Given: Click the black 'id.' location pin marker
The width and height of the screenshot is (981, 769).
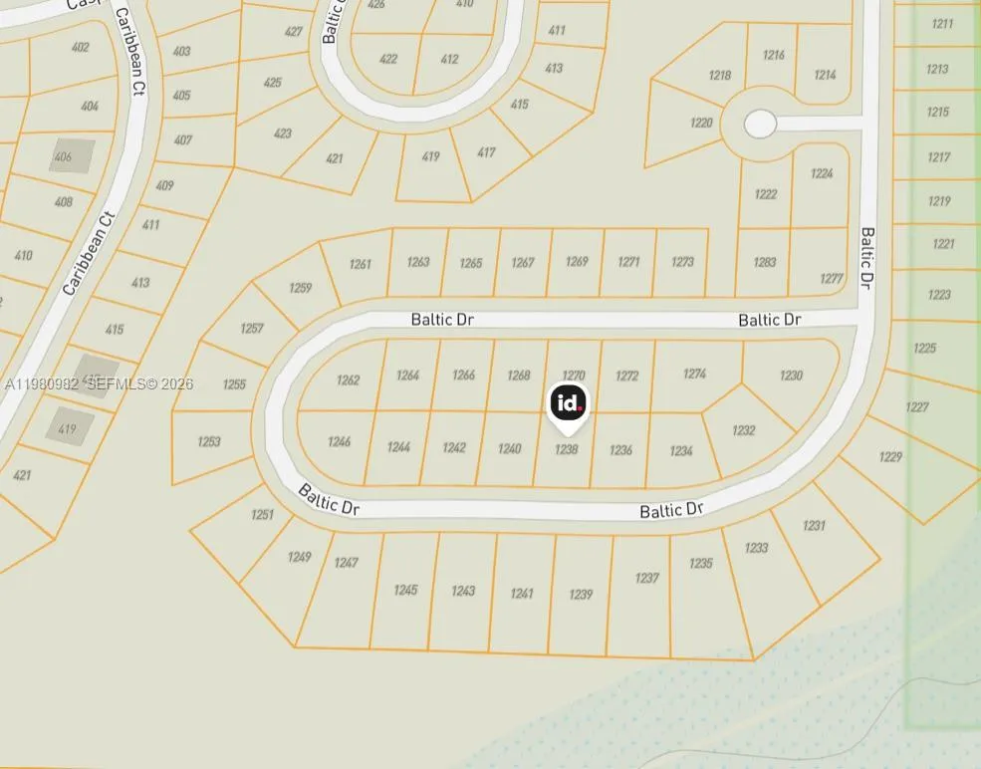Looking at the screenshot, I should [568, 403].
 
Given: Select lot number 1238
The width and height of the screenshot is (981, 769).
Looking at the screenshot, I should [566, 450].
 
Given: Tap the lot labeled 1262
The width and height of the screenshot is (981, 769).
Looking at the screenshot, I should [348, 381].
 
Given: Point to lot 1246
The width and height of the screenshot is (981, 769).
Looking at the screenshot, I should [339, 441].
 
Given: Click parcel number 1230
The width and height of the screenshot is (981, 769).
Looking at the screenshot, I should [791, 376].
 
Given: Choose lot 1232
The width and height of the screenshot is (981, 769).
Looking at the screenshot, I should [744, 430].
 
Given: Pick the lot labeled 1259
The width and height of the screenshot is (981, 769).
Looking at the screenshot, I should [300, 288].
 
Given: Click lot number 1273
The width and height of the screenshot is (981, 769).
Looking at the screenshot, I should [682, 262].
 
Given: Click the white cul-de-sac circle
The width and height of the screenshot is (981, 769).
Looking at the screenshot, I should [760, 124].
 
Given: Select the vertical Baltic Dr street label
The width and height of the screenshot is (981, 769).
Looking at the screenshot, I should [866, 258].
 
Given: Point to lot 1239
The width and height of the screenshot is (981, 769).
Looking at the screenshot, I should [581, 595].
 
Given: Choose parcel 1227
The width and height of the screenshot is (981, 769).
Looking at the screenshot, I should [917, 406].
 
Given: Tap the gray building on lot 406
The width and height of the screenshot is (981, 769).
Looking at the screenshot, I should [72, 155].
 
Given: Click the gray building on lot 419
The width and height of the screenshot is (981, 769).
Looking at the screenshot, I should [71, 425].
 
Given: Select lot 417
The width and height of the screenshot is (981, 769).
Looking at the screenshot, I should [486, 152].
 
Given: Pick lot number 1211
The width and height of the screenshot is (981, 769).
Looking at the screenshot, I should [942, 24].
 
